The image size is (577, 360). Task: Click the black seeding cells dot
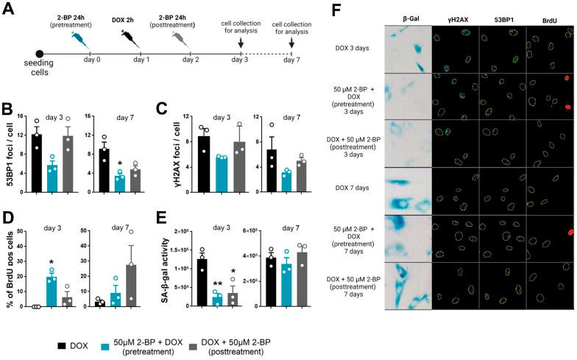coord(40,53)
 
